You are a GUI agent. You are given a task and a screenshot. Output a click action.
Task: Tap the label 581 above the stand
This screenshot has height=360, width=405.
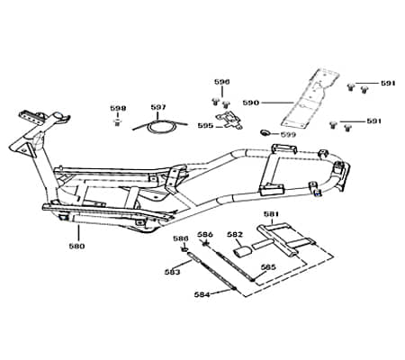270,214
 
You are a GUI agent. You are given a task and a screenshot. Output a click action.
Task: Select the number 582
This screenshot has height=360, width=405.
235,234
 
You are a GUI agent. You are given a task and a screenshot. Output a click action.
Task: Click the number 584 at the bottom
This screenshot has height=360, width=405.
202,294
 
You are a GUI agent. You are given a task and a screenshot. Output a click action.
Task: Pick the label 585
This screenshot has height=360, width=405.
268,267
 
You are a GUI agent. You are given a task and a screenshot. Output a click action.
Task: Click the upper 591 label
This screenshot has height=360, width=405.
387,83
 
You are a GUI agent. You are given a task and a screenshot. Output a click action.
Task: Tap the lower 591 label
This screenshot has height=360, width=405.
373,121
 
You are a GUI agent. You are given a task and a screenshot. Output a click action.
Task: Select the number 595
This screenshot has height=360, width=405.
205,126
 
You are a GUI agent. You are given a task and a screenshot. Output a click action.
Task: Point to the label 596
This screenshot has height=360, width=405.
221,81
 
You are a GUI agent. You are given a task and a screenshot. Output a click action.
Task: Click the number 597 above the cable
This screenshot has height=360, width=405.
158,107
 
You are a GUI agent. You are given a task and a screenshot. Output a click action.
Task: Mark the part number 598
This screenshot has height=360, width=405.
118,108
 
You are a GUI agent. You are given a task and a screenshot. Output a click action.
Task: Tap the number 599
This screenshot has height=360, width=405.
287,134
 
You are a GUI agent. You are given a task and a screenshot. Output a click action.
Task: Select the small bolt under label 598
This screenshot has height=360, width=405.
118,122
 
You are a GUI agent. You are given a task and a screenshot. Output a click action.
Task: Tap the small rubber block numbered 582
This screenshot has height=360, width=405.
242,253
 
